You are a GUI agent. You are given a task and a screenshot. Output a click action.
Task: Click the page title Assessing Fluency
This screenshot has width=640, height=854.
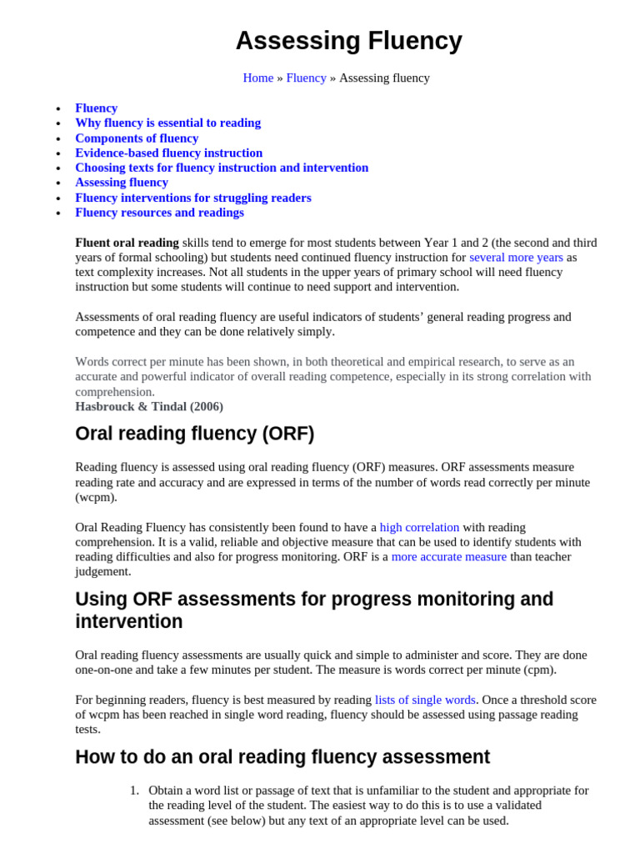pyautogui.click(x=348, y=40)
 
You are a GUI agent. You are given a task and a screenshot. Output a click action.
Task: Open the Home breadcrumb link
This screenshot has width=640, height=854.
pyautogui.click(x=257, y=78)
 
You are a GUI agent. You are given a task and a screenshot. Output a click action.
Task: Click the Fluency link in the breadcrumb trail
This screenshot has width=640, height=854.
pyautogui.click(x=306, y=78)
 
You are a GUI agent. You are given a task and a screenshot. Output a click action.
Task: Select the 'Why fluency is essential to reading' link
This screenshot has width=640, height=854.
pyautogui.click(x=167, y=123)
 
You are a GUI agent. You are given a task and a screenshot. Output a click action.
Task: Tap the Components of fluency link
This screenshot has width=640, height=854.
pyautogui.click(x=137, y=138)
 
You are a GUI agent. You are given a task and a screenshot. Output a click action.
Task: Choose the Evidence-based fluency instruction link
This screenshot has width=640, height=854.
pyautogui.click(x=168, y=153)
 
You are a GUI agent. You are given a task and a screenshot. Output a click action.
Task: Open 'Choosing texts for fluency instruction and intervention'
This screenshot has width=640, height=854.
pyautogui.click(x=222, y=168)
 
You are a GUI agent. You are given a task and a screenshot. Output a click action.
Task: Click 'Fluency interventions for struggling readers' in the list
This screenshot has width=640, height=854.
pyautogui.click(x=192, y=198)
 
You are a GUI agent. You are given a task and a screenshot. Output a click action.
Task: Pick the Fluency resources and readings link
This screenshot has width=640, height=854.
pyautogui.click(x=159, y=213)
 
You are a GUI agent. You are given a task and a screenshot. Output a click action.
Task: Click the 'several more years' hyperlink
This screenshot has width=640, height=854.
pyautogui.click(x=516, y=257)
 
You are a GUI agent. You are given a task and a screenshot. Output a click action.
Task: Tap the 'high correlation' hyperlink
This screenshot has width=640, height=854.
pyautogui.click(x=419, y=527)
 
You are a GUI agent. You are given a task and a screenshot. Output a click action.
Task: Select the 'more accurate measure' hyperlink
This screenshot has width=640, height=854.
pyautogui.click(x=448, y=556)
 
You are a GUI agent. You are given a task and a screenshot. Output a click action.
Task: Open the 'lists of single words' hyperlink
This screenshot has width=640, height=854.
pyautogui.click(x=425, y=700)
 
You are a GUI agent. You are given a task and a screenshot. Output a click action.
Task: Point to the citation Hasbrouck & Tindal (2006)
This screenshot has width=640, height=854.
pyautogui.click(x=149, y=406)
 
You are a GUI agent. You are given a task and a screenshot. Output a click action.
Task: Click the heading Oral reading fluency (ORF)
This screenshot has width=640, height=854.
pyautogui.click(x=194, y=434)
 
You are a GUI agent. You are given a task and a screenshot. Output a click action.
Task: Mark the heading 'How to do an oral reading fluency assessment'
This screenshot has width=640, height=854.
pyautogui.click(x=282, y=757)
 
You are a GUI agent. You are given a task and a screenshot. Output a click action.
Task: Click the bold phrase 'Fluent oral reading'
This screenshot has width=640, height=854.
pyautogui.click(x=127, y=243)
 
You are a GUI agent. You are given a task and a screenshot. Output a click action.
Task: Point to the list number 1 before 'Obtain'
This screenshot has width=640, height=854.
pyautogui.click(x=134, y=790)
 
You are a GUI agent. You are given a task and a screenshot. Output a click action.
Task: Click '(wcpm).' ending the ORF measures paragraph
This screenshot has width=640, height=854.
pyautogui.click(x=97, y=497)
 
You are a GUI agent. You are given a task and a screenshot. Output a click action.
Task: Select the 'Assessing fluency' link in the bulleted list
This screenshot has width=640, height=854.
pyautogui.click(x=122, y=183)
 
